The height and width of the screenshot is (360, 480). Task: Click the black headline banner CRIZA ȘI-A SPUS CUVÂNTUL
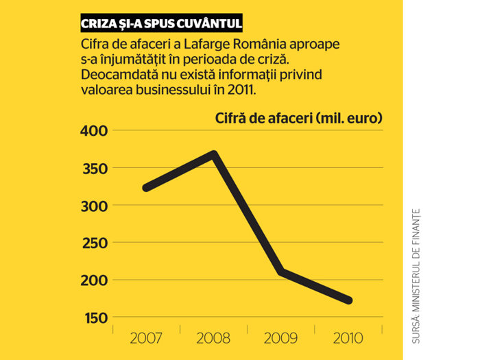161,23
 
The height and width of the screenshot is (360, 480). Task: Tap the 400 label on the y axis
95,131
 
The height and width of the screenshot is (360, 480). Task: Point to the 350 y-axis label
95,169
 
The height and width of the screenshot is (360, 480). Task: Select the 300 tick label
95,206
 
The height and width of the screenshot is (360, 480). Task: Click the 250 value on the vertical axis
95,243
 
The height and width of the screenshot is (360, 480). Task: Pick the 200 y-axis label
95,280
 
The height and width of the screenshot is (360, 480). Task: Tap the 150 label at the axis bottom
96,318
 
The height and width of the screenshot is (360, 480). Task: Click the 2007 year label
145,338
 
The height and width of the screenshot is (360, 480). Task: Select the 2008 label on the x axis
213,338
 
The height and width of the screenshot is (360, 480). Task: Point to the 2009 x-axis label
280,338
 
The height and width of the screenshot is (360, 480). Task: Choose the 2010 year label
348,338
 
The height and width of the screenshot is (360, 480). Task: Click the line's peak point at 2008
214,154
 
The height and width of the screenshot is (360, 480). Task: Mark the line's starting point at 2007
146,188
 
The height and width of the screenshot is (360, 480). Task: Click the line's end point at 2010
348,300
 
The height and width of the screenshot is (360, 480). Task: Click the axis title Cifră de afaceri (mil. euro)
299,118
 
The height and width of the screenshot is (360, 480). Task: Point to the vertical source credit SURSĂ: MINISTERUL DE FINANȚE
416,276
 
